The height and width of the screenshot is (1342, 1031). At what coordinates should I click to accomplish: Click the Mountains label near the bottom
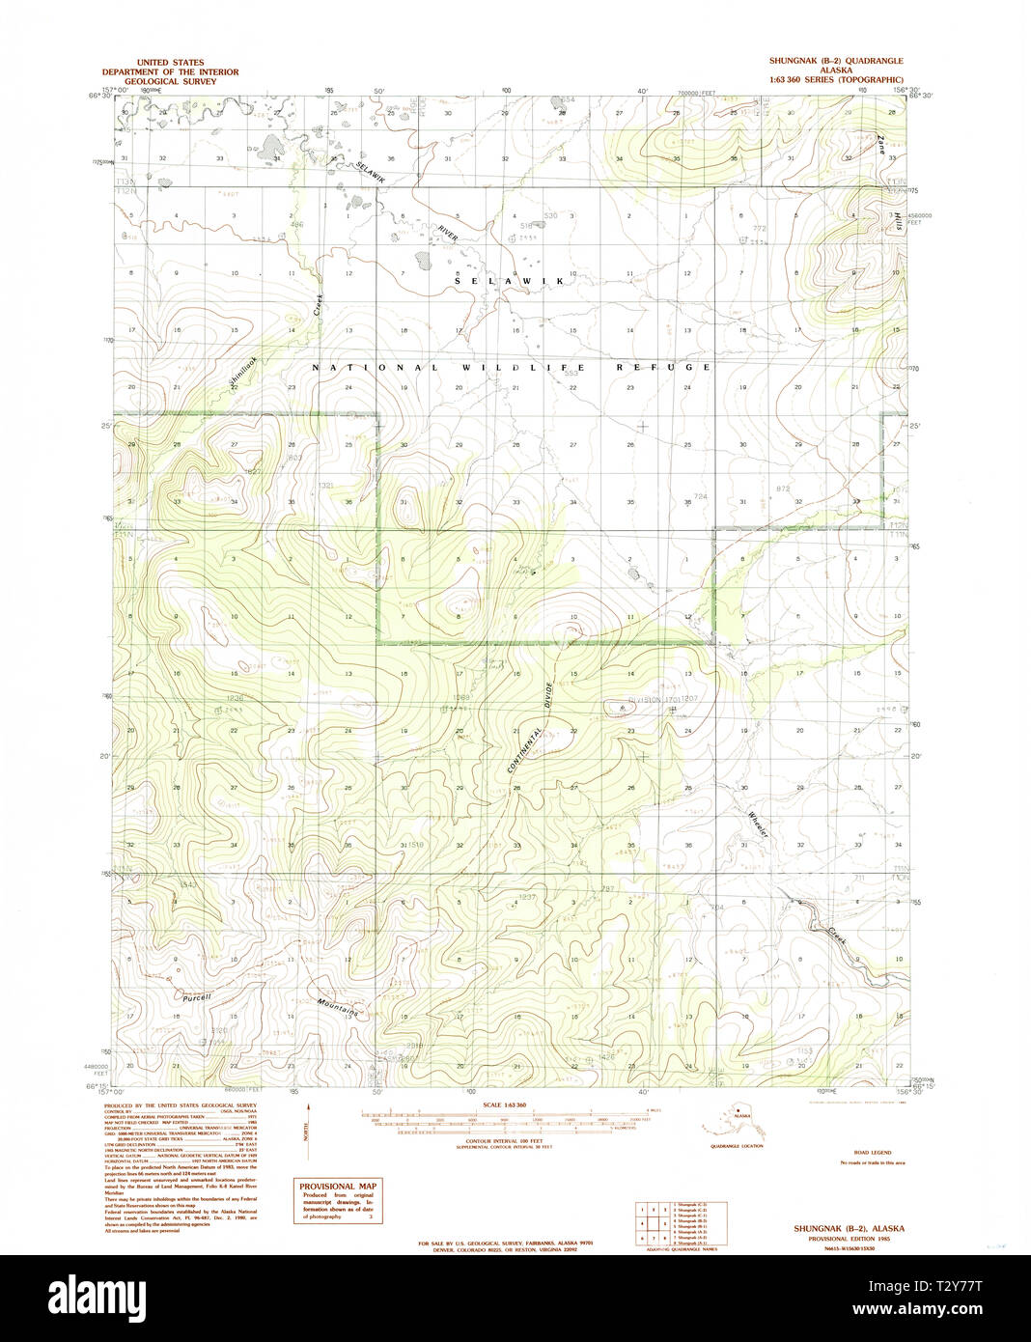click(339, 1008)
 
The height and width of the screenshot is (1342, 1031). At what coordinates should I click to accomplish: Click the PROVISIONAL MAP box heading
click(338, 1188)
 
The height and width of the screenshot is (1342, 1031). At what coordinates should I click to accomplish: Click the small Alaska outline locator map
click(736, 1120)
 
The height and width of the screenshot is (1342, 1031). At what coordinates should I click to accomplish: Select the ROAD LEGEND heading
click(872, 1153)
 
